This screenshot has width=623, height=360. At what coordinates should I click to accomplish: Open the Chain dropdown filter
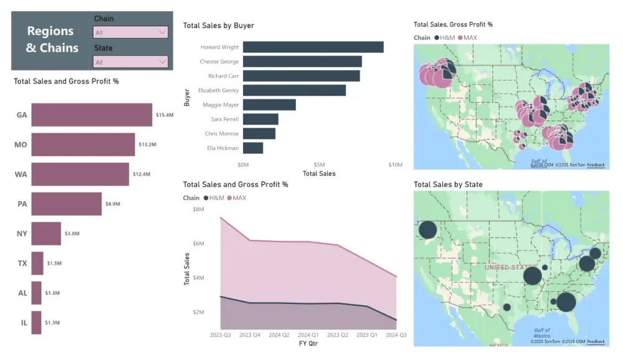tap(130, 32)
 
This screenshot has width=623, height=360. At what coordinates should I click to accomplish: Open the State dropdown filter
tap(130, 62)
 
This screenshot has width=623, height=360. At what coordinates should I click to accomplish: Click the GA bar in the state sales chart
tap(92, 115)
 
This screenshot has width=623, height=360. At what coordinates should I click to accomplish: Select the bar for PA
tap(66, 204)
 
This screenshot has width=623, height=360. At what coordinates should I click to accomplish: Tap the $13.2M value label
tap(147, 144)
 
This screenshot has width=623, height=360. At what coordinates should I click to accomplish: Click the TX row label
tap(21, 263)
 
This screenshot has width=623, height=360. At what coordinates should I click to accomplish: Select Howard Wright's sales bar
tap(313, 47)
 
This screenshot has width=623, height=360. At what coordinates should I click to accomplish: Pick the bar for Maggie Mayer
tap(269, 105)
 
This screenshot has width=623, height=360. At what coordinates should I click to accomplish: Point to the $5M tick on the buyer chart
tap(319, 165)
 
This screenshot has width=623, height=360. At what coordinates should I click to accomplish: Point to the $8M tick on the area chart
tap(198, 209)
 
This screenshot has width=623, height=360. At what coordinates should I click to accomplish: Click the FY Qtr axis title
tap(308, 343)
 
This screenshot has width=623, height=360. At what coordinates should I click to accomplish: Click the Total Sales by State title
tap(447, 184)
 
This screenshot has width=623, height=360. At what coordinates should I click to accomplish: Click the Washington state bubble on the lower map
tap(427, 230)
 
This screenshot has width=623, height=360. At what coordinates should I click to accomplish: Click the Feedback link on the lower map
tap(596, 341)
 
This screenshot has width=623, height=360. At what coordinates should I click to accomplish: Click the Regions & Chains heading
tap(52, 39)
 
